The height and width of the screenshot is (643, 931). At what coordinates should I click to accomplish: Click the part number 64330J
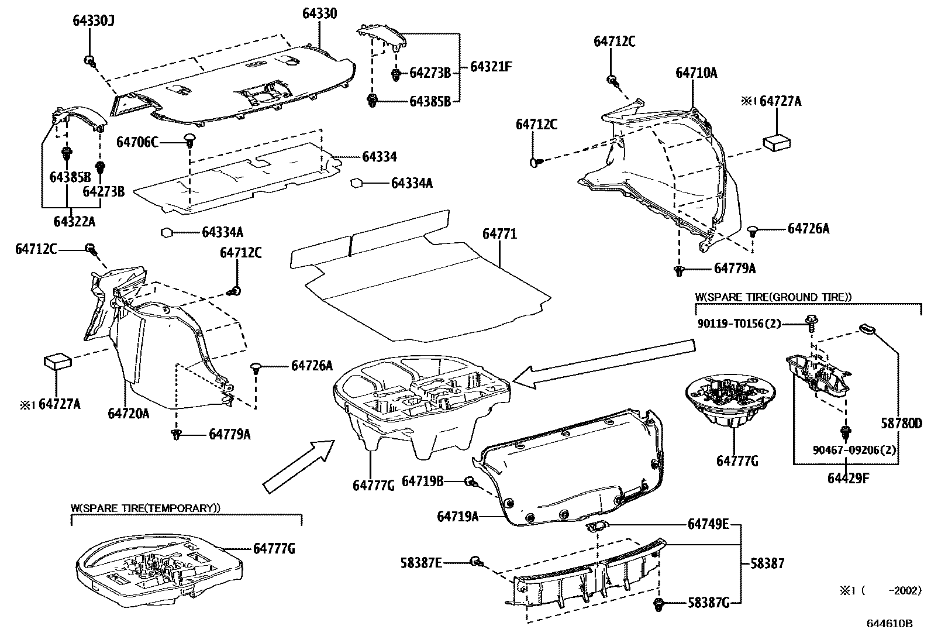93,20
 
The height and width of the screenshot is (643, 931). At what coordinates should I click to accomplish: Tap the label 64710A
696,73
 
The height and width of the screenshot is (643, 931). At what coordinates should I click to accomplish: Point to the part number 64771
499,234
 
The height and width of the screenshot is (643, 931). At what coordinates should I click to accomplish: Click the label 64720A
128,414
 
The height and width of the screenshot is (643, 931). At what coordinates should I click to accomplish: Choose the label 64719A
458,517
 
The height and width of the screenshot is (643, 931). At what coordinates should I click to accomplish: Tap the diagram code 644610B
889,624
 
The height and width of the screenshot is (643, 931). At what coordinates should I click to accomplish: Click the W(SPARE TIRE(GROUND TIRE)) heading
773,297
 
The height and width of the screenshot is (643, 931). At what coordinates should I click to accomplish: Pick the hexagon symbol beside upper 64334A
356,183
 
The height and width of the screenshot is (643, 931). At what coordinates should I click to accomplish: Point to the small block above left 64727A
56,360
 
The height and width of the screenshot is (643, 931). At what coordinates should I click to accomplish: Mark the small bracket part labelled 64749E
596,526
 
